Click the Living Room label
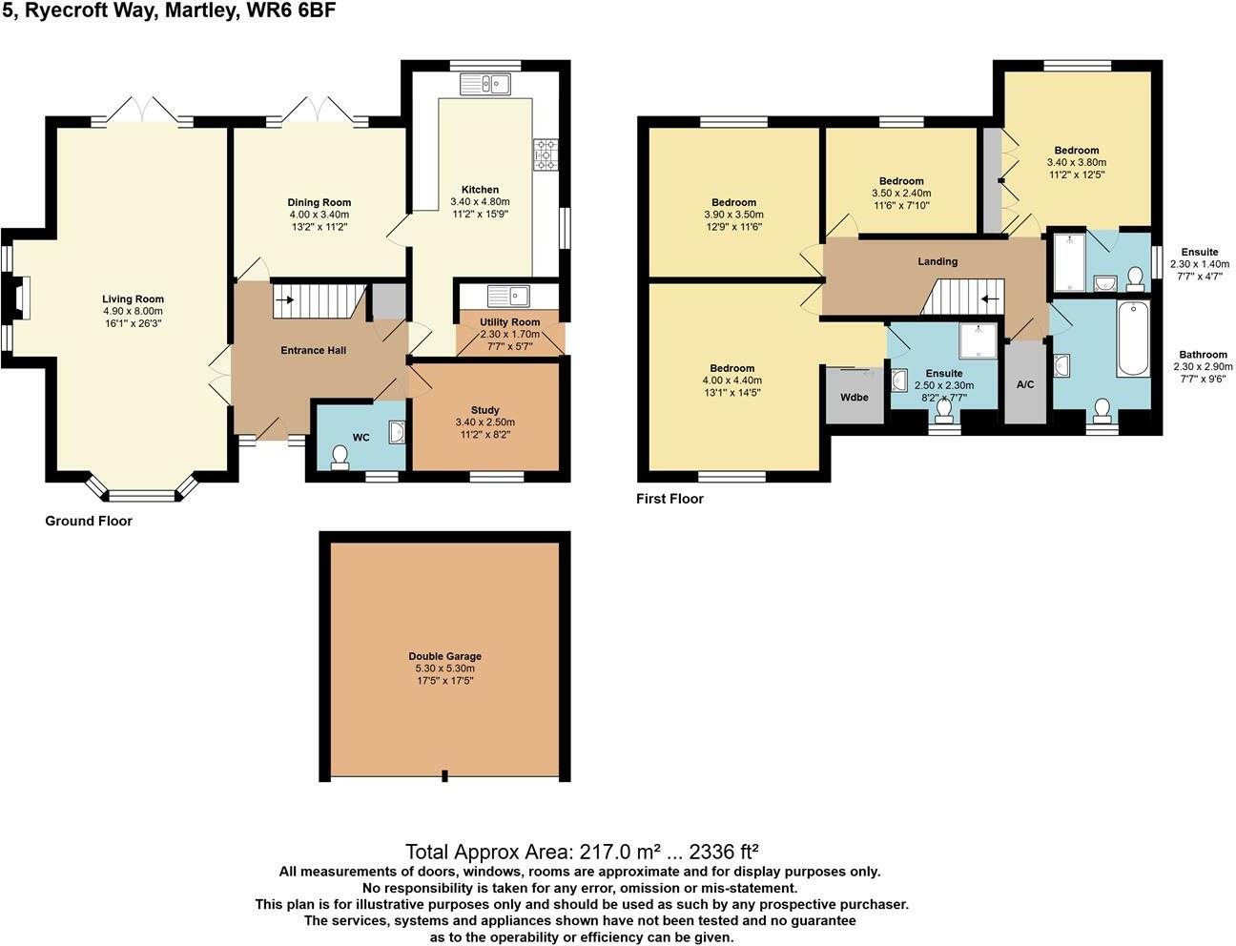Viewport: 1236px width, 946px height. click(x=133, y=299)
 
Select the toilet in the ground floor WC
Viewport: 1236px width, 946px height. click(x=340, y=458)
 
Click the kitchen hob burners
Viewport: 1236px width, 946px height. click(x=546, y=154)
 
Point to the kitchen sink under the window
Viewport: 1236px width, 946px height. click(x=485, y=84)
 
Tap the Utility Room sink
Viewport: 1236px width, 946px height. click(x=508, y=296)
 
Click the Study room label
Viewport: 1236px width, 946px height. click(x=484, y=410)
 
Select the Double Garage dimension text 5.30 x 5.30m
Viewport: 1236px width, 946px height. click(x=444, y=668)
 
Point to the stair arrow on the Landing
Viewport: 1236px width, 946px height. click(x=990, y=298)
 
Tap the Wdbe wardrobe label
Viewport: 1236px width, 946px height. click(x=855, y=397)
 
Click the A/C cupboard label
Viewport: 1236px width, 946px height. click(x=1025, y=384)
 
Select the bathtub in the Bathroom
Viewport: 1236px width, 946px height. click(x=1133, y=339)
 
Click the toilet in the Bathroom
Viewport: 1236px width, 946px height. click(x=1102, y=411)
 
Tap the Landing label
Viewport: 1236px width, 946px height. click(x=937, y=261)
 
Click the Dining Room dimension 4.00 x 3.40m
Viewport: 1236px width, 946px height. click(x=319, y=215)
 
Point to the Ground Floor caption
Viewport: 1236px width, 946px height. click(x=89, y=521)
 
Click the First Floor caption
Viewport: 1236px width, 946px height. click(x=670, y=499)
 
